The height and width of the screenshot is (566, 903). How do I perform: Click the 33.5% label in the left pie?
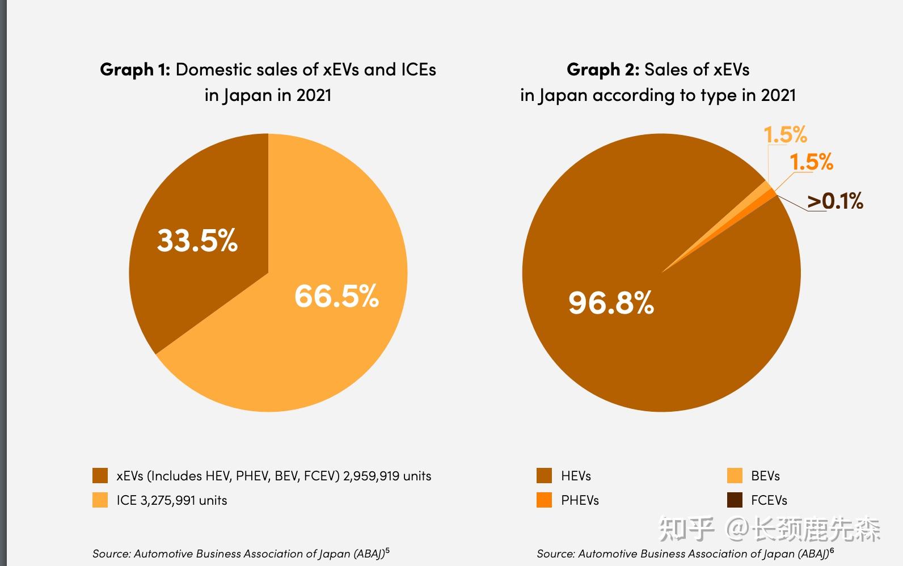coord(197,240)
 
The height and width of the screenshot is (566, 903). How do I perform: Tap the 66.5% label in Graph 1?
coord(336,295)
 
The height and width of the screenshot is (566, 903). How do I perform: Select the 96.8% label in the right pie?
coord(611,302)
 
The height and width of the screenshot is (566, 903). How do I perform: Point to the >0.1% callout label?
coord(835,201)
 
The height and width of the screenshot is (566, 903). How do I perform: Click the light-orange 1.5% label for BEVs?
coord(785,135)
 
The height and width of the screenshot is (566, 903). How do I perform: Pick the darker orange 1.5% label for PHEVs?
coord(811,162)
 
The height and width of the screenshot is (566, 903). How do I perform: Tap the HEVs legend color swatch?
coord(544,476)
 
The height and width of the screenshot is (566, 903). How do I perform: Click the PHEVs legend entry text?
coord(580,500)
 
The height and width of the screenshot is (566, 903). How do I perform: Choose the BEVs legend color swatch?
coord(735,476)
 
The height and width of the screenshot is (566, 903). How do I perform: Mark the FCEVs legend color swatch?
coord(735,500)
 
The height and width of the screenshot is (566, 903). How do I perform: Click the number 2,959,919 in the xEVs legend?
coord(371,476)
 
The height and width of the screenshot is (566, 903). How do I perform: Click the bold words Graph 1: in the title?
coord(135,70)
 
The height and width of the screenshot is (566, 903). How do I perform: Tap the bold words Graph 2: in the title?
coord(603,70)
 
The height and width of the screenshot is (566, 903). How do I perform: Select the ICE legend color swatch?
coord(100,500)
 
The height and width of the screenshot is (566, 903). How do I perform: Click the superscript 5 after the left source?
coord(387,550)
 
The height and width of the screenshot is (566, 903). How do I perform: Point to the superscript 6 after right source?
coord(832,550)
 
